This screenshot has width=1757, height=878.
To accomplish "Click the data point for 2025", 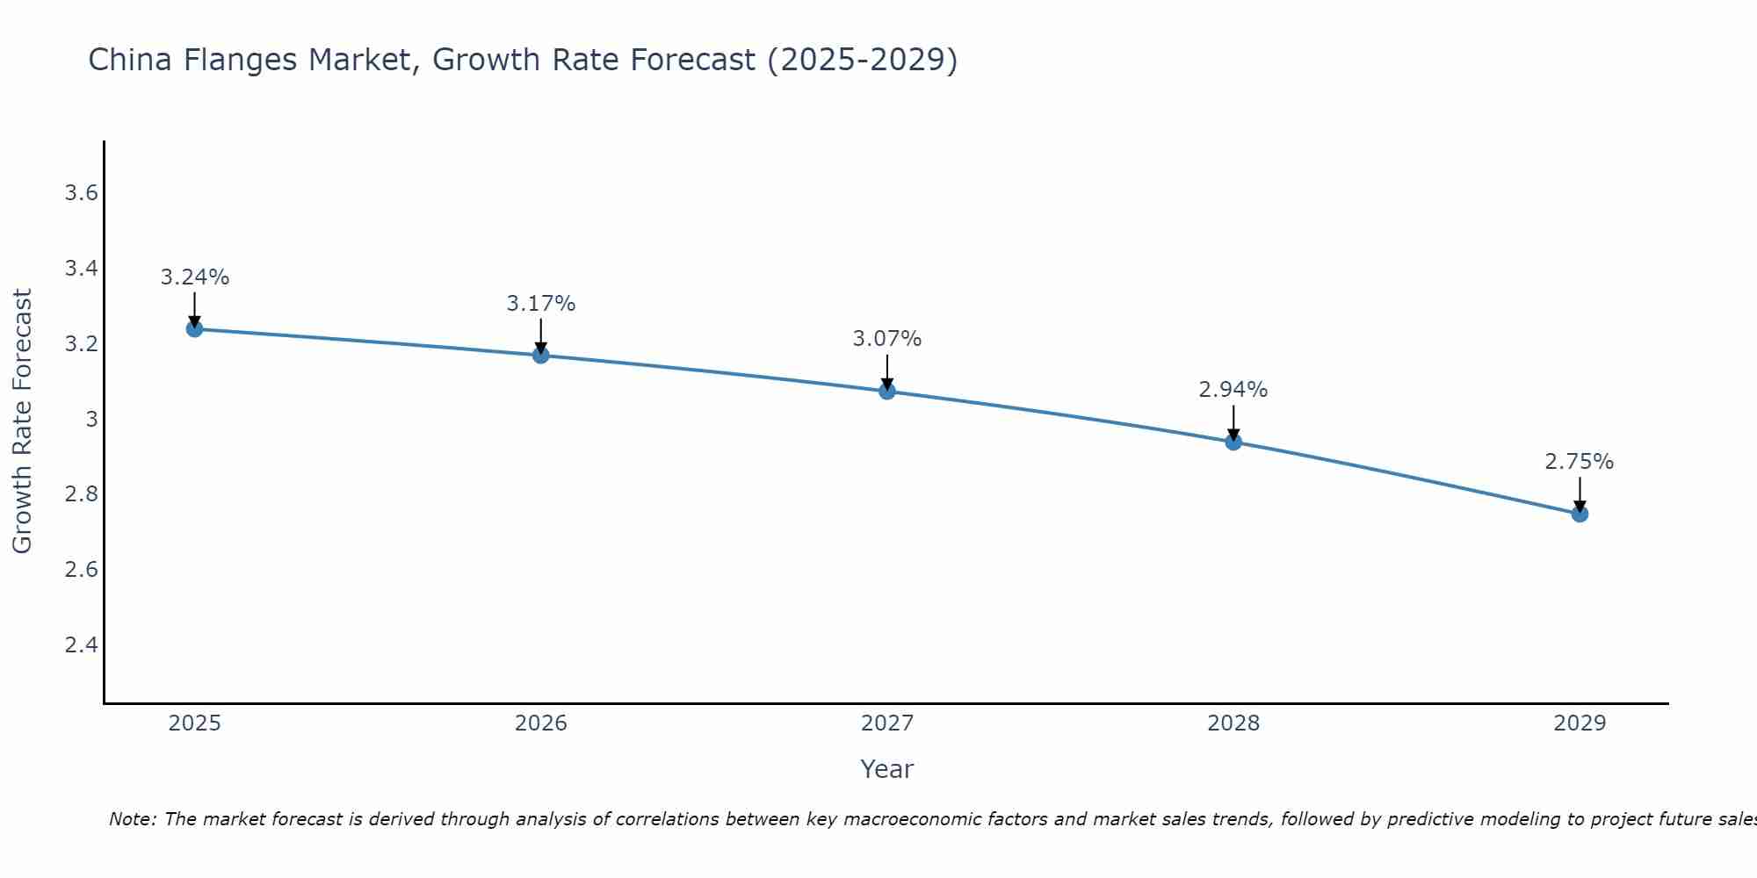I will point(194,329).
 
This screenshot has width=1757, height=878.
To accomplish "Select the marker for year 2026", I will point(540,355).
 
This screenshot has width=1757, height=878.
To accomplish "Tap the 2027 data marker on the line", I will point(887,391).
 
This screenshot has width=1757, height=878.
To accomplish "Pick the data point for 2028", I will point(1233,442).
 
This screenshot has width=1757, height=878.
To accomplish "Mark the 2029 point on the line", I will point(1580,514).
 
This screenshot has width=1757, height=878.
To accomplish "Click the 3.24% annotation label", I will point(194,277).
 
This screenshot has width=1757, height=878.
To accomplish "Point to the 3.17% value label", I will point(540,304).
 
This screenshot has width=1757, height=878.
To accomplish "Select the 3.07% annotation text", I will point(887,339).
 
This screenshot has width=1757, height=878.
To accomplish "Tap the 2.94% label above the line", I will point(1233,390).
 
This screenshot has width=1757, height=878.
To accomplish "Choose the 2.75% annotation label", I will point(1580,462).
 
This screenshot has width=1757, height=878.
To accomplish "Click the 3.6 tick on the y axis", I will point(81,193).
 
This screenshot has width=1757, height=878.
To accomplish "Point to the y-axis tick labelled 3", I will point(91,419).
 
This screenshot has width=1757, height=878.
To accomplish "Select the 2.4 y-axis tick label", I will point(81,645).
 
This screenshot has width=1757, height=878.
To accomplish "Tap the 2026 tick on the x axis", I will point(540,723).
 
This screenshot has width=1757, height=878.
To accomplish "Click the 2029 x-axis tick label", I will point(1580,723).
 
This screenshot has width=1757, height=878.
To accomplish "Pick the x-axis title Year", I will point(887,769).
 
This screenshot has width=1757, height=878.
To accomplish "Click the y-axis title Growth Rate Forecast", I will point(22,421).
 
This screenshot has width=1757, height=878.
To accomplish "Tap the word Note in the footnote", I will point(132,819).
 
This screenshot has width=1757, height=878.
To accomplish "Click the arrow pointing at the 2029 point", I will point(1580,493).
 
